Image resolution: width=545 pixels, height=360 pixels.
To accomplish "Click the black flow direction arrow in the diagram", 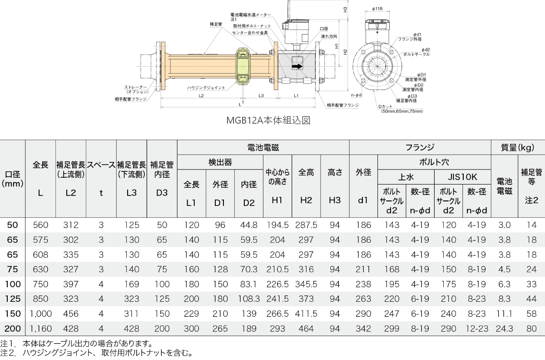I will pyautogui.click(x=297, y=66).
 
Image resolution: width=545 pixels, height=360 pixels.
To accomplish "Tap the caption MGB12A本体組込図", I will pyautogui.click(x=268, y=120).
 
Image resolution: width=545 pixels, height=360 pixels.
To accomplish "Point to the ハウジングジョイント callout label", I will pyautogui.click(x=205, y=88).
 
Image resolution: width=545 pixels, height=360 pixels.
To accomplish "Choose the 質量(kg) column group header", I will pyautogui.click(x=517, y=147).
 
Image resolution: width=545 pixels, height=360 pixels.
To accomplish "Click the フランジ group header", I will pyautogui.click(x=420, y=147).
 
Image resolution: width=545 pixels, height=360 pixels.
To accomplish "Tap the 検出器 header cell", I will pyautogui.click(x=220, y=162).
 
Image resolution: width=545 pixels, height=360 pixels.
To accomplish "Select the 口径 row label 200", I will pyautogui.click(x=12, y=328).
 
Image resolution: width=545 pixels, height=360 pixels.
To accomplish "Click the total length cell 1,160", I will pyautogui.click(x=40, y=328).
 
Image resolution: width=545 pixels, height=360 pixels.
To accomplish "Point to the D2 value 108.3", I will pyautogui.click(x=248, y=299).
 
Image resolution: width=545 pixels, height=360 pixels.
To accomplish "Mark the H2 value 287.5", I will pyautogui.click(x=306, y=225).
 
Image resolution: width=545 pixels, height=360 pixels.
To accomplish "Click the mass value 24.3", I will pyautogui.click(x=504, y=328).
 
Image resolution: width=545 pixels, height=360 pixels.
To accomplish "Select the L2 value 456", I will pyautogui.click(x=71, y=314).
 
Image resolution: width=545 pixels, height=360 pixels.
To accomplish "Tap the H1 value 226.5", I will pyautogui.click(x=277, y=285).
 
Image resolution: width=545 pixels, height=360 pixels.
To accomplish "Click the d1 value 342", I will pyautogui.click(x=363, y=328).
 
